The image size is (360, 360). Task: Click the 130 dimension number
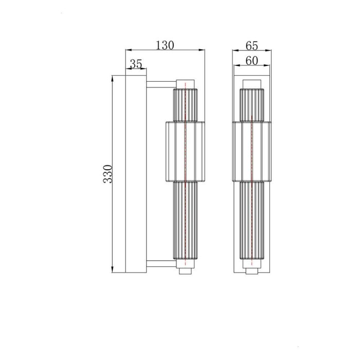(x=165, y=45)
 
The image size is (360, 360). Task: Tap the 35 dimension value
(x=136, y=64)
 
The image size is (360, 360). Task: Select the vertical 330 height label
(x=107, y=175)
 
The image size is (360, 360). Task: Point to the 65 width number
(x=251, y=45)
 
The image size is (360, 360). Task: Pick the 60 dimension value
(x=251, y=61)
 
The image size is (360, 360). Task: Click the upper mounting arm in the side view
(x=161, y=83)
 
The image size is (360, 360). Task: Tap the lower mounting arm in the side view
(x=161, y=264)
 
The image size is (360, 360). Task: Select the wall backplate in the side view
(x=136, y=175)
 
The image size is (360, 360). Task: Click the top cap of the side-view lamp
(x=185, y=83)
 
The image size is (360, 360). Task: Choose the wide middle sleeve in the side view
(x=185, y=152)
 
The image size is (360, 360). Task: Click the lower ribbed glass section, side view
(x=185, y=221)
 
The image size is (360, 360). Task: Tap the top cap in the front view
(x=251, y=84)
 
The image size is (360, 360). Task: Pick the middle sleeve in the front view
(x=251, y=152)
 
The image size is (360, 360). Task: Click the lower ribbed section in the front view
(x=251, y=221)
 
